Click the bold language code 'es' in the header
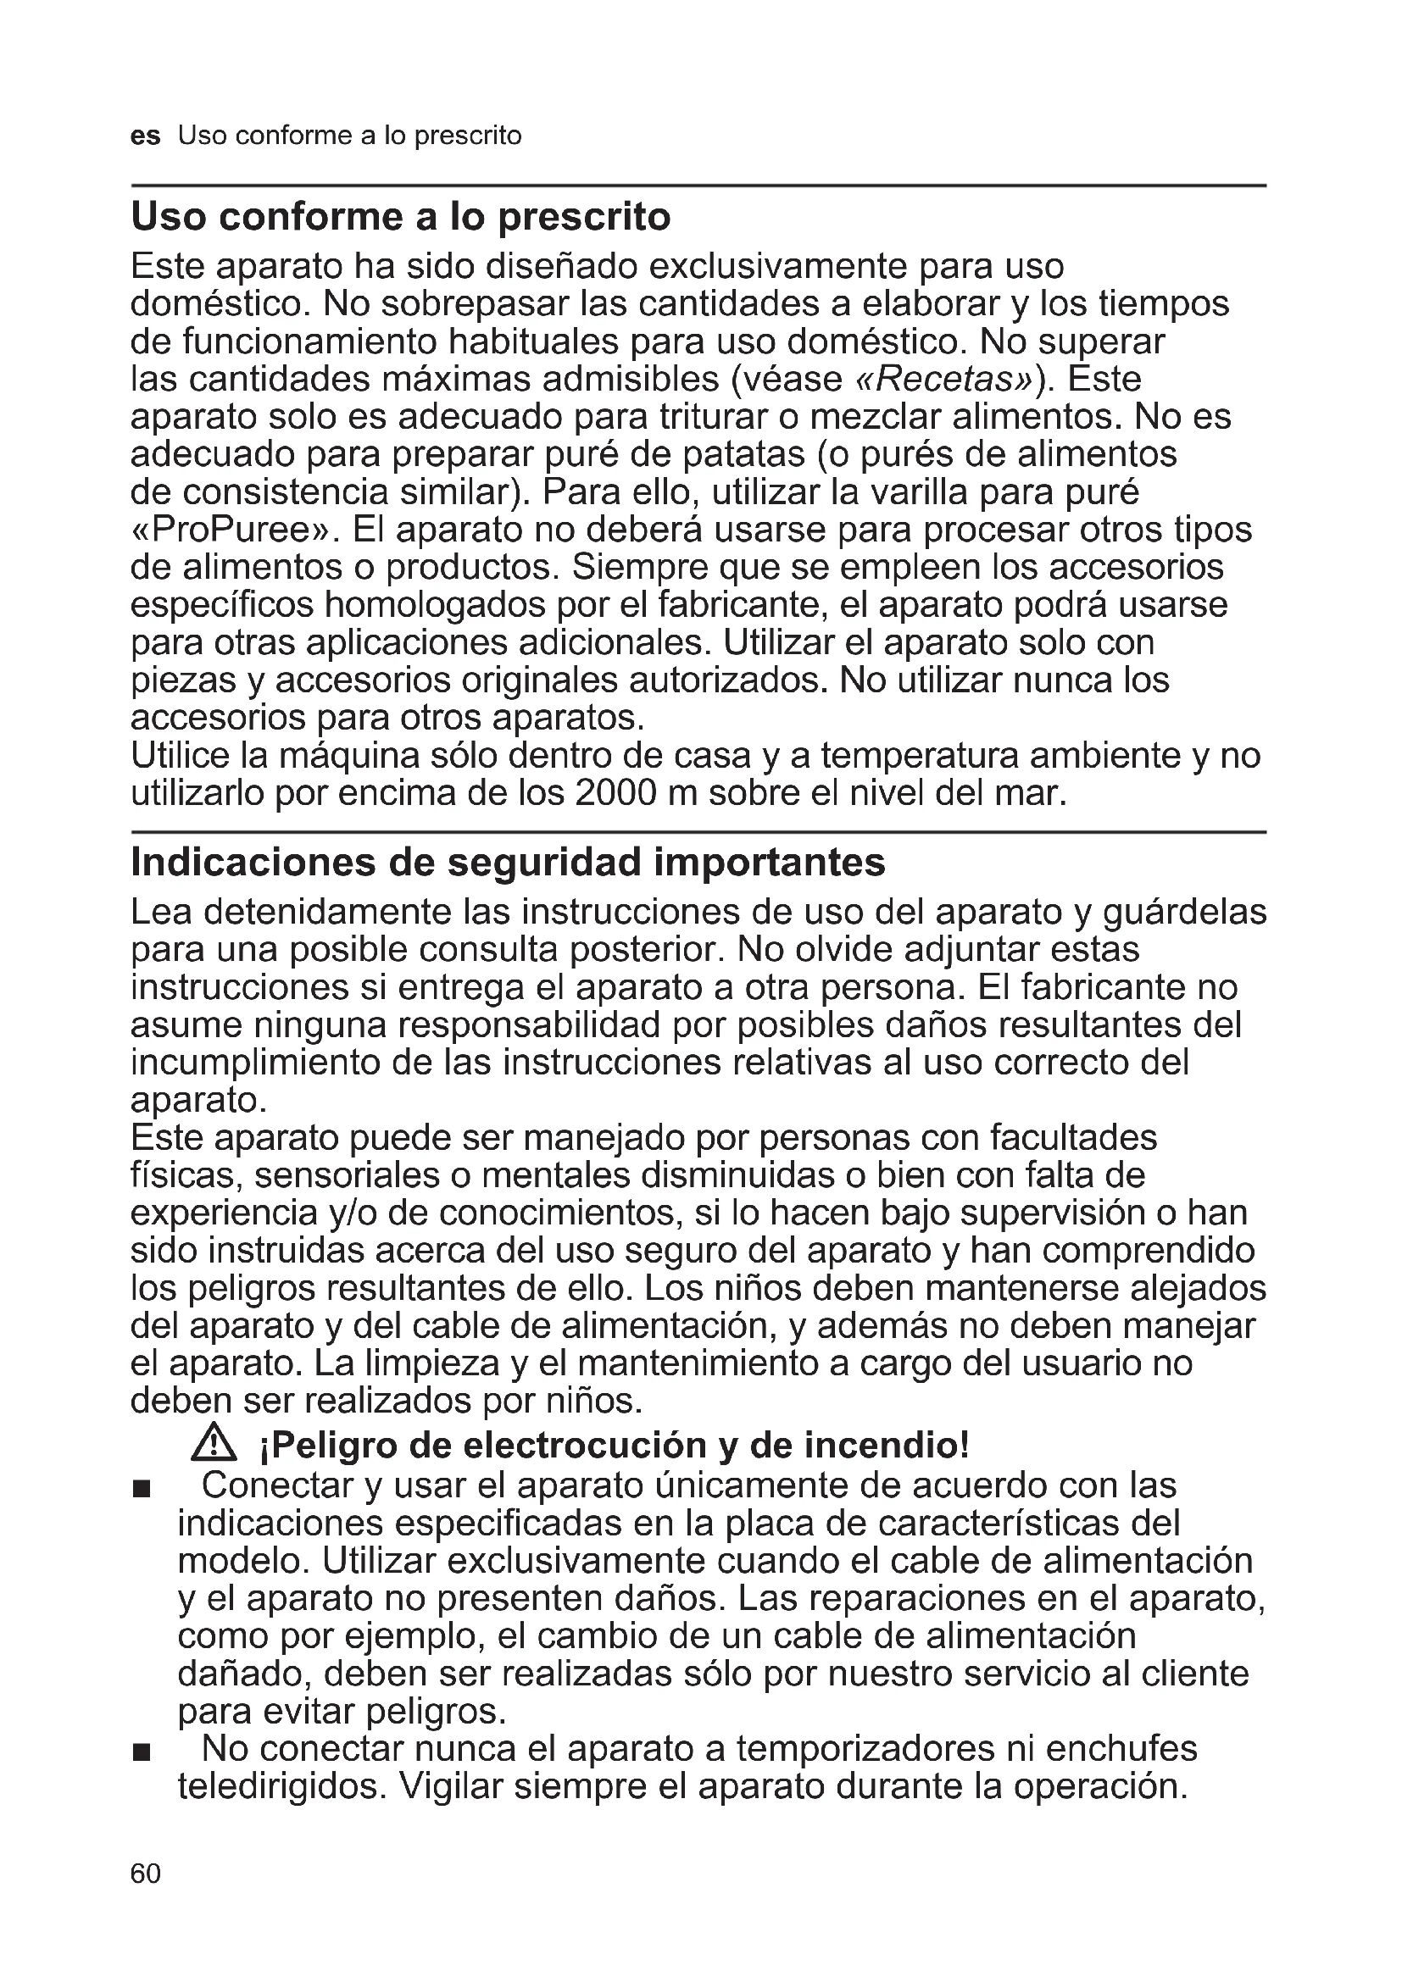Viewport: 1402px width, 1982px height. [145, 136]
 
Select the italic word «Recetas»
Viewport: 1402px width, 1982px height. [942, 380]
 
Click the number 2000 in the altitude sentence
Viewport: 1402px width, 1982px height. [615, 793]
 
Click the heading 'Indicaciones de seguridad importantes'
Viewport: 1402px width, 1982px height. [508, 863]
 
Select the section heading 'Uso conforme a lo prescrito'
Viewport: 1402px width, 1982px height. [401, 217]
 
